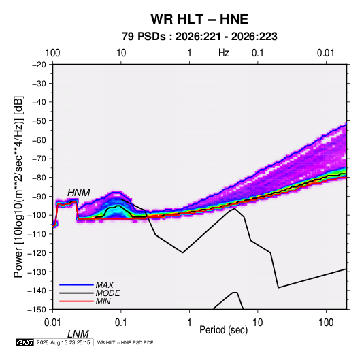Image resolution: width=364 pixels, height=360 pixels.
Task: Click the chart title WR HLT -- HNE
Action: tap(199, 19)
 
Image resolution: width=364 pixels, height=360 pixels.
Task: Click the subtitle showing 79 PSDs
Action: tap(199, 37)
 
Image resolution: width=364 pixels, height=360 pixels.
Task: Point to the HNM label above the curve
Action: tap(79, 193)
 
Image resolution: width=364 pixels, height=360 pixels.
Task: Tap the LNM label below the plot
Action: tap(78, 334)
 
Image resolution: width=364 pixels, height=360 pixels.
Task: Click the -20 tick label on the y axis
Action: tap(39, 65)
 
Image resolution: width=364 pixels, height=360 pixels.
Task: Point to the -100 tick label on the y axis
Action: tap(37, 215)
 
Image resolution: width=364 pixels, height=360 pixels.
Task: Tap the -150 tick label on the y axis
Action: tap(37, 310)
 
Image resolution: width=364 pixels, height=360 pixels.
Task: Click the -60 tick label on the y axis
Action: tap(39, 140)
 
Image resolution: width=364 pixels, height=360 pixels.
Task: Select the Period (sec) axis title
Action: tap(224, 330)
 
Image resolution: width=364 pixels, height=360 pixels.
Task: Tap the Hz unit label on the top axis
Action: tap(224, 53)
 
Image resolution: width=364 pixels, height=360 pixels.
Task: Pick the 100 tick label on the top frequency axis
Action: tap(52, 53)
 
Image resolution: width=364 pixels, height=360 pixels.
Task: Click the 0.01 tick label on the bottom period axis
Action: tap(52, 323)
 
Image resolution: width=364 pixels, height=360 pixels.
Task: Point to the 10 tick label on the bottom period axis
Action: tap(258, 323)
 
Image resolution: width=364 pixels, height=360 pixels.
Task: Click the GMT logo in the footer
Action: tap(24, 342)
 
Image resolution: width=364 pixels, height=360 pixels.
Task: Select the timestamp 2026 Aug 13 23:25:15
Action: tap(63, 342)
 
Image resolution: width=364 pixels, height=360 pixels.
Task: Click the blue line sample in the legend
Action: tap(76, 285)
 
